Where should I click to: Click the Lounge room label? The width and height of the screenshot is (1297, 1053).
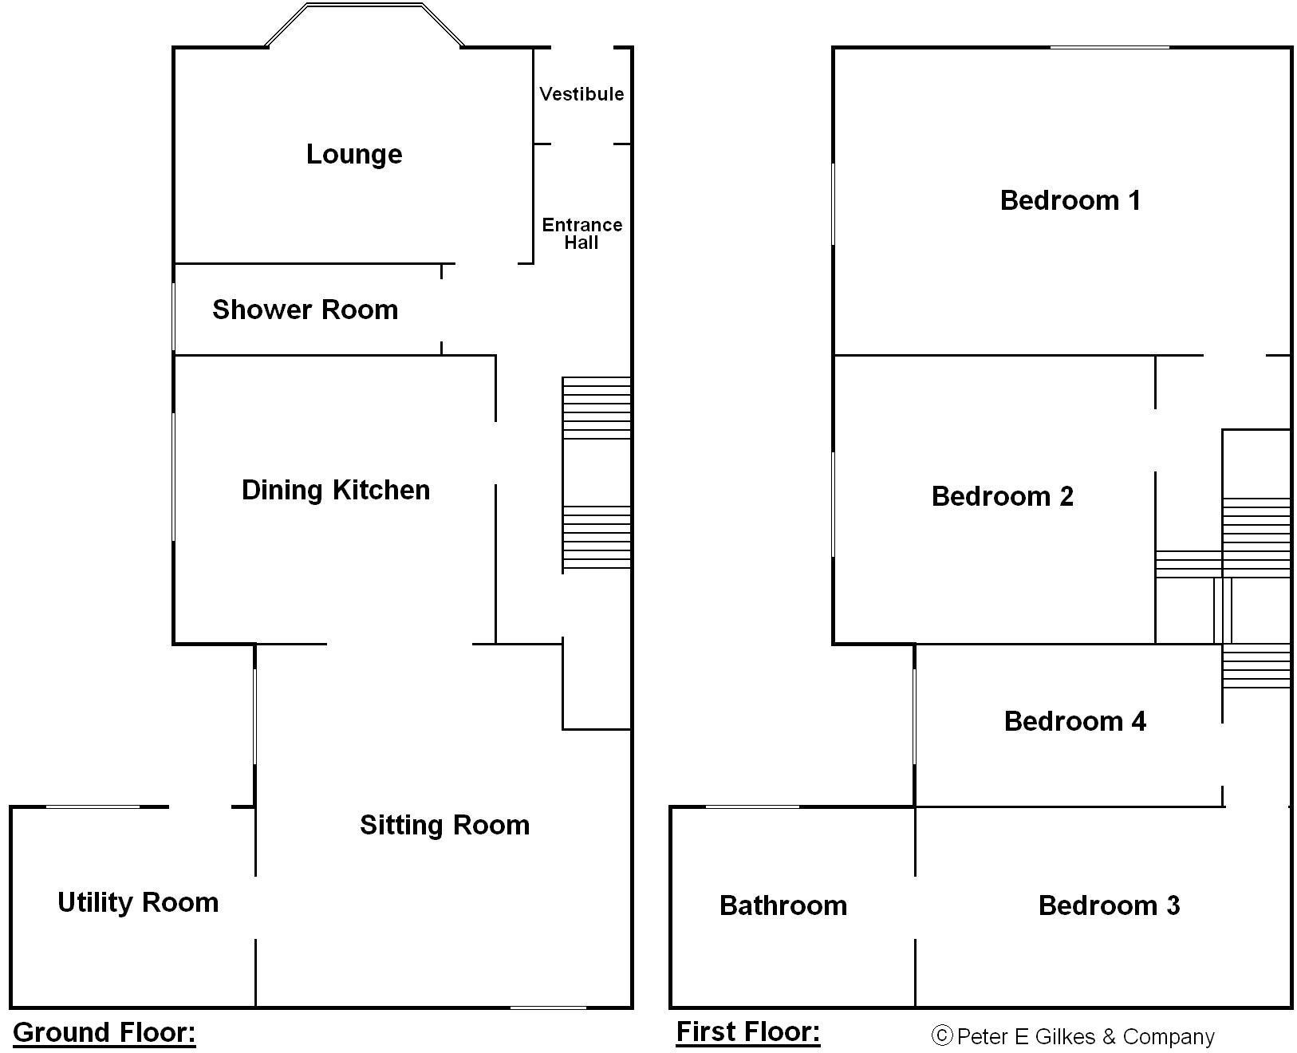pyautogui.click(x=354, y=154)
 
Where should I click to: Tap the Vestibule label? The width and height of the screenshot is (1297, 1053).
pyautogui.click(x=581, y=94)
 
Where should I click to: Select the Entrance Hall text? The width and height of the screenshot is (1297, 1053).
pyautogui.click(x=581, y=234)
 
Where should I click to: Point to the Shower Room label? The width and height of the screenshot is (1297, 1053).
pyautogui.click(x=305, y=310)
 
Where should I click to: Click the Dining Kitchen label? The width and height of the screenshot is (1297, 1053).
pyautogui.click(x=336, y=490)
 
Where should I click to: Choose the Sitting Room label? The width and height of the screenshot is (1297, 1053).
pyautogui.click(x=444, y=825)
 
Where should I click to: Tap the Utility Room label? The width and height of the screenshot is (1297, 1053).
pyautogui.click(x=138, y=902)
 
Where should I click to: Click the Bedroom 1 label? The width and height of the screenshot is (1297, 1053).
pyautogui.click(x=1070, y=200)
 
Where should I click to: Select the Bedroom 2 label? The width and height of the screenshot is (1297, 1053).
pyautogui.click(x=1003, y=496)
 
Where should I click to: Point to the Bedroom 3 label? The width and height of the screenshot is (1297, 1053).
pyautogui.click(x=1109, y=905)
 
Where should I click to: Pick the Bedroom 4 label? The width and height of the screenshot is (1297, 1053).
pyautogui.click(x=1074, y=721)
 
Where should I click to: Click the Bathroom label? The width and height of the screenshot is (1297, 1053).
pyautogui.click(x=783, y=905)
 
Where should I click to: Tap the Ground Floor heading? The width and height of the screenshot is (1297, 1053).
pyautogui.click(x=104, y=1032)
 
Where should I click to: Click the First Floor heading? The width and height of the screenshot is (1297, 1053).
pyautogui.click(x=747, y=1031)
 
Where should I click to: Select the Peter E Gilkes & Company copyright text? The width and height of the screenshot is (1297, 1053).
pyautogui.click(x=1073, y=1036)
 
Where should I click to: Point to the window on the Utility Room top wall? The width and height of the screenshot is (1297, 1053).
pyautogui.click(x=93, y=807)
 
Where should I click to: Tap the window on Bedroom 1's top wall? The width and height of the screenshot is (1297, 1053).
pyautogui.click(x=1110, y=47)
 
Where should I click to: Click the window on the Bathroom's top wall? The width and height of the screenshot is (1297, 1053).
pyautogui.click(x=752, y=807)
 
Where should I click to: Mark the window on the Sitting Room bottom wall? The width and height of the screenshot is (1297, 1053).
pyautogui.click(x=548, y=1008)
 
